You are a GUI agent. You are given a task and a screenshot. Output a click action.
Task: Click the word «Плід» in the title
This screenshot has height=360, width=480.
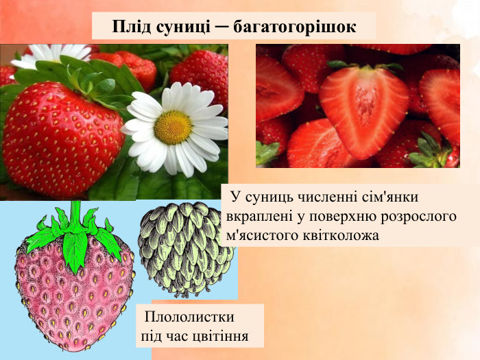tap(128, 27)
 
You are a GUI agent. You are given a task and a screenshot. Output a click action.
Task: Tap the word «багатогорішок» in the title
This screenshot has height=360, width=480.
tap(295, 27)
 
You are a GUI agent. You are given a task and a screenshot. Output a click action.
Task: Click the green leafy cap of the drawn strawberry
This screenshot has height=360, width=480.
tap(74, 233)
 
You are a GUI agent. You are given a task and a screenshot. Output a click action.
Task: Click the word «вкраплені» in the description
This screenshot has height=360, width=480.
tap(258, 216)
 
